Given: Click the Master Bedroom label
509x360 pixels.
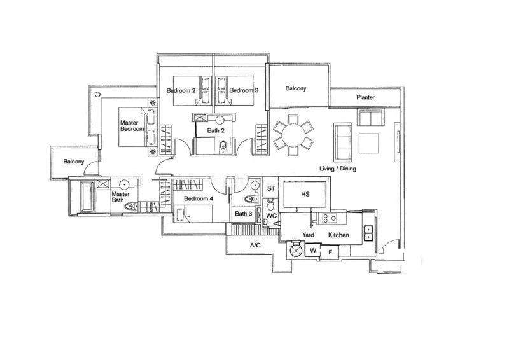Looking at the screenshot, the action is coord(132,126).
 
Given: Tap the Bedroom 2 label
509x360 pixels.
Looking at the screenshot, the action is coord(181,90).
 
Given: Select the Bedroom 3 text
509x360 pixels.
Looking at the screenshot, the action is coord(244,90).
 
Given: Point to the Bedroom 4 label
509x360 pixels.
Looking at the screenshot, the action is coord(199,198).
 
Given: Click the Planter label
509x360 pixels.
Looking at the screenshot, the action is coord(365,97).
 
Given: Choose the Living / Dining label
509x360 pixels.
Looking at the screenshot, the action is coord(338,169).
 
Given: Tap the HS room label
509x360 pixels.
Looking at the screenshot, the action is coord(305,194).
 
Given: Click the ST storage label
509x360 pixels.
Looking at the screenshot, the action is coord(271,189).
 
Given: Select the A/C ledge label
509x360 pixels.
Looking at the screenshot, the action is coord(255,246).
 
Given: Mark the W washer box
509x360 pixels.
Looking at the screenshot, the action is coord(313,250).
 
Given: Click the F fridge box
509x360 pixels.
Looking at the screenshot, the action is coord(330,252).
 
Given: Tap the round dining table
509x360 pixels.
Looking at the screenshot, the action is coord(293,134).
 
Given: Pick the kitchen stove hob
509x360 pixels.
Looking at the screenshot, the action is coord(329,218).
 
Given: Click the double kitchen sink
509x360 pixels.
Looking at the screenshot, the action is coord(368,233).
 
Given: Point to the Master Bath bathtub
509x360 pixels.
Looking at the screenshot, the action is coord(87,197).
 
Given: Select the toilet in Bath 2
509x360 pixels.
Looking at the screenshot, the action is coord(223,146).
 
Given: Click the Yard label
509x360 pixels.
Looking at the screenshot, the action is coord(308,235).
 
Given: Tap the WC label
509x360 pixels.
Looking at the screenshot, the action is coord(272,216).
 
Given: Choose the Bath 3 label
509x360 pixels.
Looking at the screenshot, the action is coord(244,214).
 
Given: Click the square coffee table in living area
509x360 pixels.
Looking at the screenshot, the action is coord(369,143).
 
